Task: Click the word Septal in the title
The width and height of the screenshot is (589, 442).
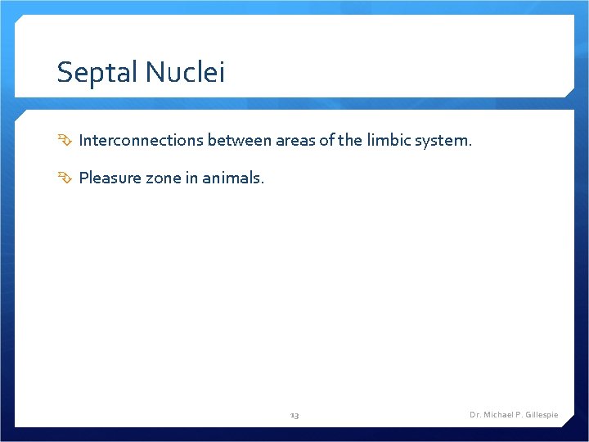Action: [x=98, y=74]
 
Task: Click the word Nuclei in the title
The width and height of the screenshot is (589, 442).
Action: [x=186, y=74]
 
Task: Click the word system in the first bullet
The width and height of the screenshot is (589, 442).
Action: [x=443, y=141]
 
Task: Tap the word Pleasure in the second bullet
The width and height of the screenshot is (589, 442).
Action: [x=110, y=178]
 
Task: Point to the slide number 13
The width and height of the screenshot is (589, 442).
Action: [x=294, y=416]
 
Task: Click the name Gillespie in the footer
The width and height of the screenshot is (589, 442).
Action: [x=540, y=415]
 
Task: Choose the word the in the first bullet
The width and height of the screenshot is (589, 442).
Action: [x=349, y=141]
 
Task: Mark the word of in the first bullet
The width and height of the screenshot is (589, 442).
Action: [x=326, y=141]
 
